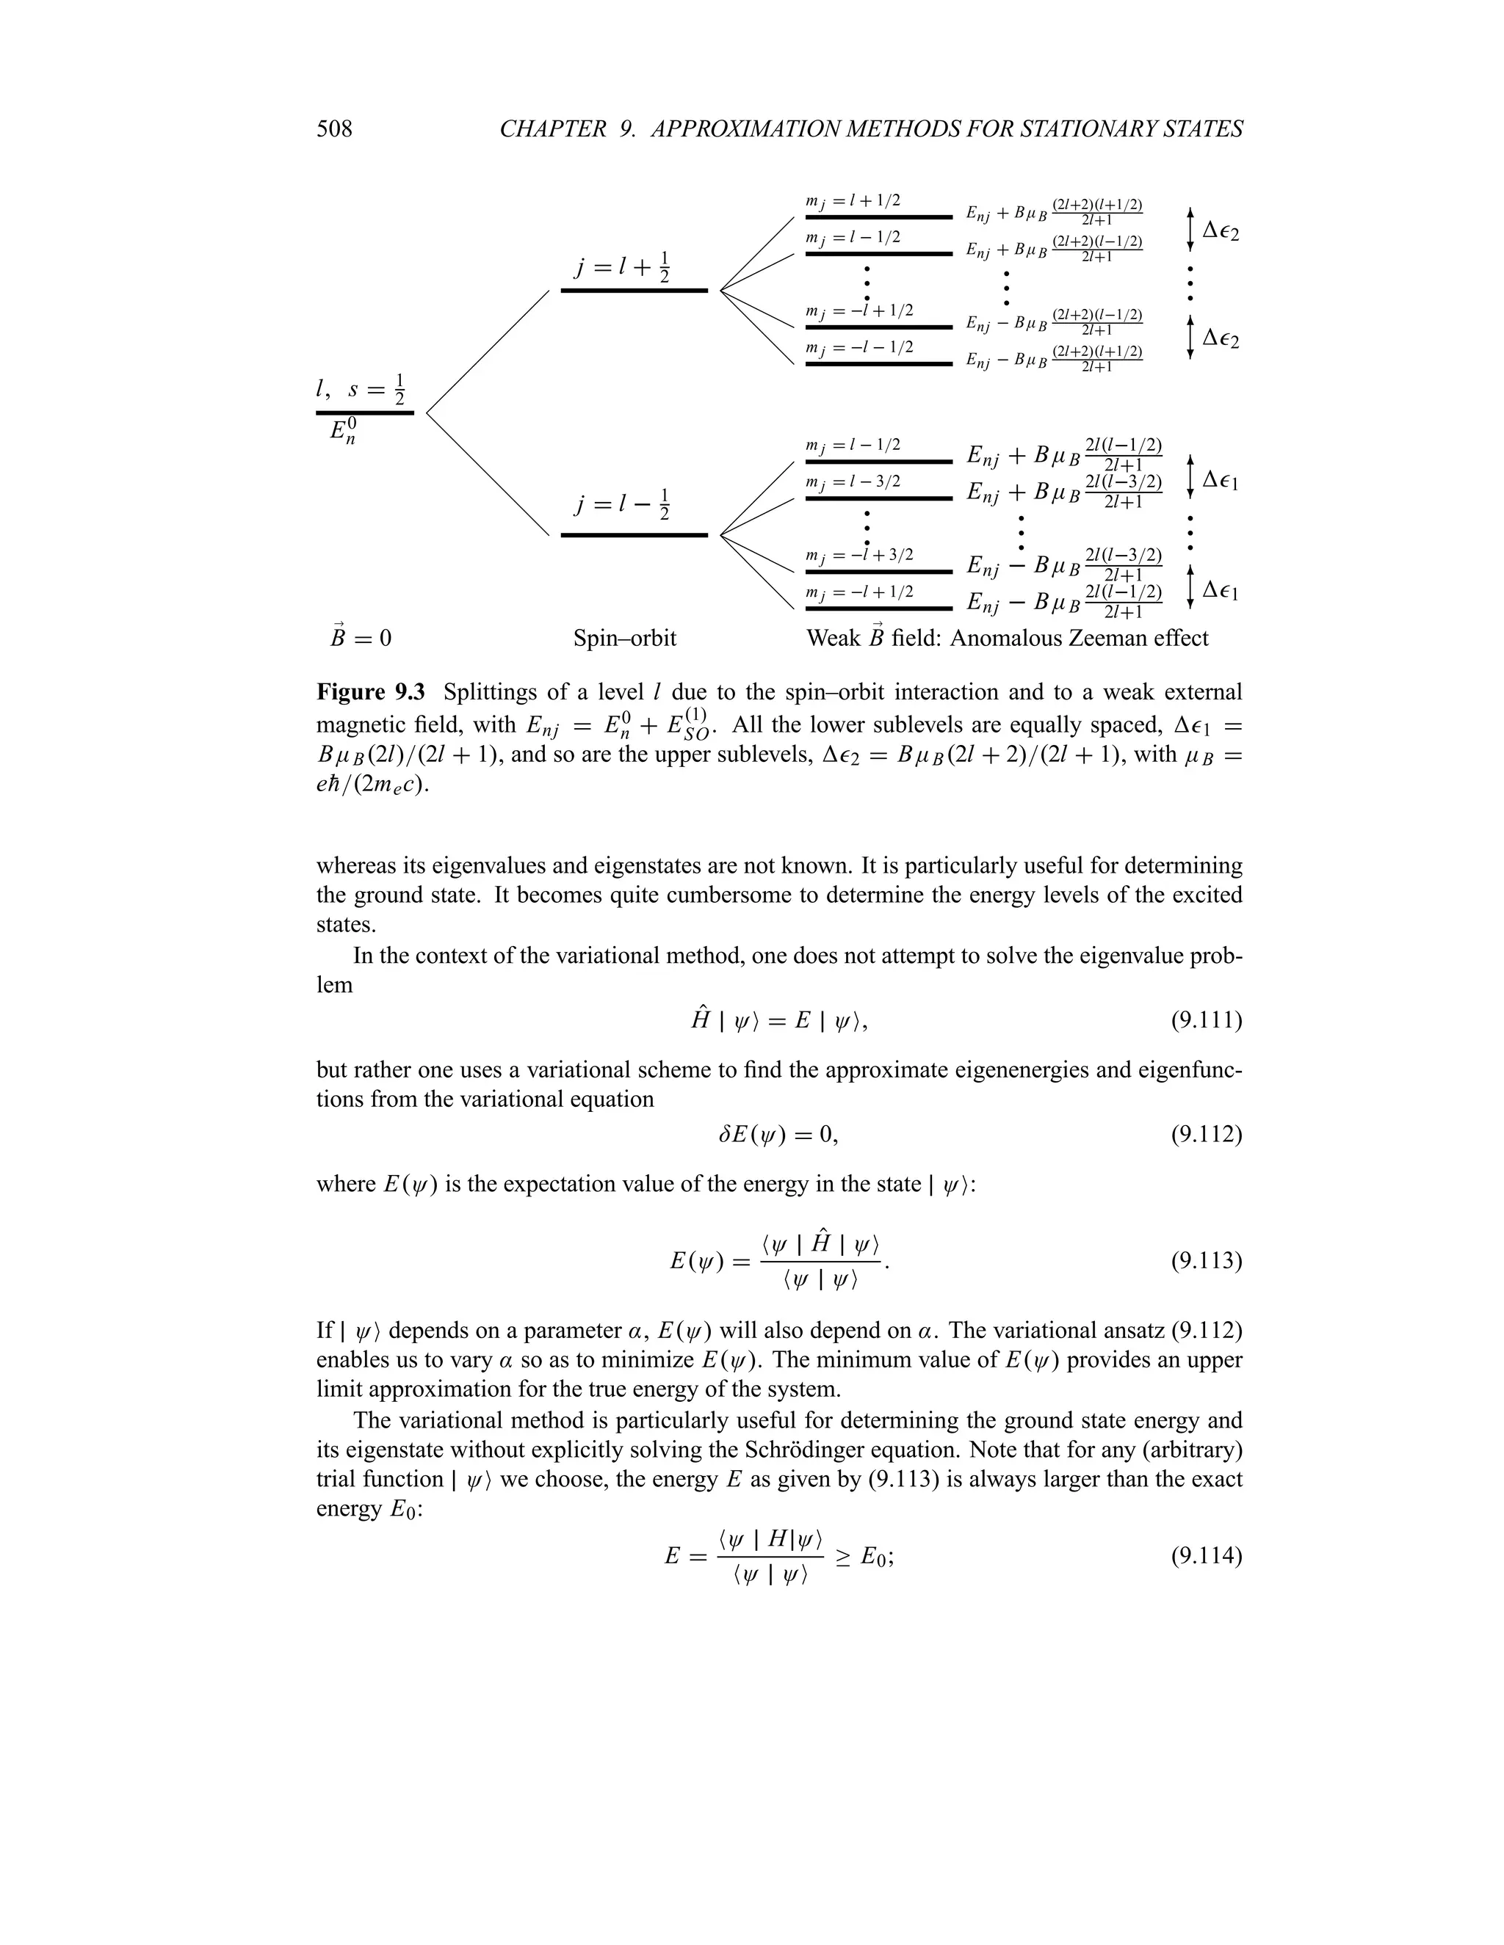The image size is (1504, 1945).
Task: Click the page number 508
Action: pos(334,130)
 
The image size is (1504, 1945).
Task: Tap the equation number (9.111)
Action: pos(1206,1019)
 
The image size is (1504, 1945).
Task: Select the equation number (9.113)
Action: pos(1206,1261)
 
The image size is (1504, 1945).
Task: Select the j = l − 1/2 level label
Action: pos(621,505)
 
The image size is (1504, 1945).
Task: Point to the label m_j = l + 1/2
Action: pos(853,201)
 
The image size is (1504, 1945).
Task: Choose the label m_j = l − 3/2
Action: pos(853,481)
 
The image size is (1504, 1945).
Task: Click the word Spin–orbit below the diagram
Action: pos(625,639)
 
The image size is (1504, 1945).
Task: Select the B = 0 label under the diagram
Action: pos(360,639)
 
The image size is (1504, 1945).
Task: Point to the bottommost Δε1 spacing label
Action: pos(1221,589)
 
